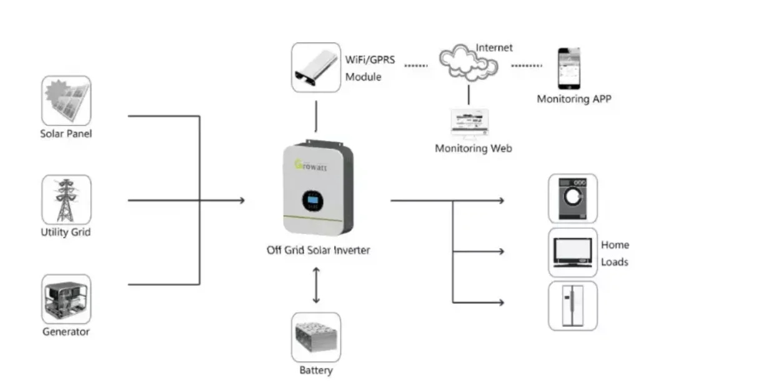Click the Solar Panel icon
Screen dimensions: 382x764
(x=66, y=100)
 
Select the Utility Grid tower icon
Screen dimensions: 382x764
(x=66, y=199)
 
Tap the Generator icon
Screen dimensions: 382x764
(x=66, y=299)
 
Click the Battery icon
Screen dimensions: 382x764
(x=316, y=337)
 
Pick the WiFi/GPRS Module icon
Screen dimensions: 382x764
(x=316, y=68)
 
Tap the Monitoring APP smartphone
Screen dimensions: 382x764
(x=569, y=68)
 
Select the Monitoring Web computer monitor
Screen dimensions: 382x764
(x=470, y=123)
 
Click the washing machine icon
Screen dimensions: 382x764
(x=573, y=198)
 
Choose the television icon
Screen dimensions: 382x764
(x=573, y=253)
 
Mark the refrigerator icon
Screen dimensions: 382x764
(x=573, y=306)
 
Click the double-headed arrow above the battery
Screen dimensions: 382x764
(x=316, y=284)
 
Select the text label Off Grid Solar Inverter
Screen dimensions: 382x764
(x=318, y=250)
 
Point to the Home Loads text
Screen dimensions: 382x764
(x=615, y=253)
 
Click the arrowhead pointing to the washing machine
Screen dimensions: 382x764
(x=500, y=201)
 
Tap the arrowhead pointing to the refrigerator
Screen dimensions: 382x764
(x=500, y=303)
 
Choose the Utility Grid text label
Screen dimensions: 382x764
(x=66, y=233)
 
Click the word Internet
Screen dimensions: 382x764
(x=494, y=48)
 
